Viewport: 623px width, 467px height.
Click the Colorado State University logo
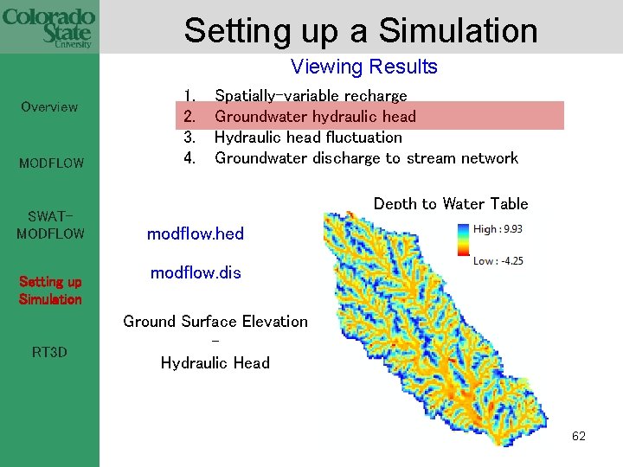pyautogui.click(x=48, y=27)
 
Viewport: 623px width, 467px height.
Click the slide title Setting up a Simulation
pyautogui.click(x=361, y=30)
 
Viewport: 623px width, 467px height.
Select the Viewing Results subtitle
pyautogui.click(x=364, y=67)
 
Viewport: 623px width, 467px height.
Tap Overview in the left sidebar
pyautogui.click(x=49, y=107)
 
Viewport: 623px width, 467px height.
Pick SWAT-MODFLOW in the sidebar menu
pyautogui.click(x=49, y=224)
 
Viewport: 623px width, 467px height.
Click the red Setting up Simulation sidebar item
pyautogui.click(x=50, y=291)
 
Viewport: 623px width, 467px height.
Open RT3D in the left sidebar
pyautogui.click(x=49, y=352)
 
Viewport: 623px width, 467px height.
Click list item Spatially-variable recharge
pyautogui.click(x=311, y=95)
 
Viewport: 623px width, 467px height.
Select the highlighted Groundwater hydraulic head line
pyautogui.click(x=315, y=116)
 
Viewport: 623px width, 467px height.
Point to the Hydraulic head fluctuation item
pyautogui.click(x=308, y=137)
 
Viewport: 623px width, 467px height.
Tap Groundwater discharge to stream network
pyautogui.click(x=366, y=157)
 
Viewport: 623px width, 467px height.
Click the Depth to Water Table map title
pyautogui.click(x=451, y=203)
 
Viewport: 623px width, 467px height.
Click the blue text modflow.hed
pyautogui.click(x=196, y=233)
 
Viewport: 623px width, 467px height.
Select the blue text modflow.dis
pyautogui.click(x=196, y=272)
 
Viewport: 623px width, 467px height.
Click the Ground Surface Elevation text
pyautogui.click(x=215, y=322)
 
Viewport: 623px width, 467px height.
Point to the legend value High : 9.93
pyautogui.click(x=498, y=228)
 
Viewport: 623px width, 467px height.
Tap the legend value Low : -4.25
pyautogui.click(x=498, y=260)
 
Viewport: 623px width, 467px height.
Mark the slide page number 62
pyautogui.click(x=579, y=436)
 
